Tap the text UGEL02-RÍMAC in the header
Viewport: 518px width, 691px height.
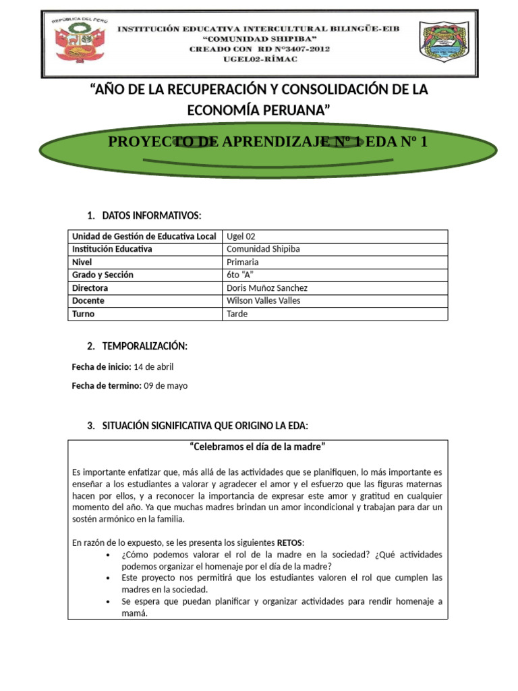[259, 59]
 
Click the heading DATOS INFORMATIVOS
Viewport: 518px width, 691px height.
[152, 215]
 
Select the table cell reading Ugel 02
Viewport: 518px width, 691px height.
[241, 236]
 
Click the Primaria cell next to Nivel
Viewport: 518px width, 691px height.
[243, 262]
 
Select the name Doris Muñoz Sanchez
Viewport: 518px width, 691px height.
[268, 287]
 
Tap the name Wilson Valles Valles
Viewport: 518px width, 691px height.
[264, 300]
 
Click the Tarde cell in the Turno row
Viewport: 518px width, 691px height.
[238, 314]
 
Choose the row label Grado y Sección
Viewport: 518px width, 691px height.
[103, 275]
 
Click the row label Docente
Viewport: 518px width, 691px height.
[88, 300]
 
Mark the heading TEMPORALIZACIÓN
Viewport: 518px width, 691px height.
[144, 346]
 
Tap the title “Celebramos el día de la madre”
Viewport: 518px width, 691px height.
[258, 447]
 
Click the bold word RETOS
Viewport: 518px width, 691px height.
[289, 542]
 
